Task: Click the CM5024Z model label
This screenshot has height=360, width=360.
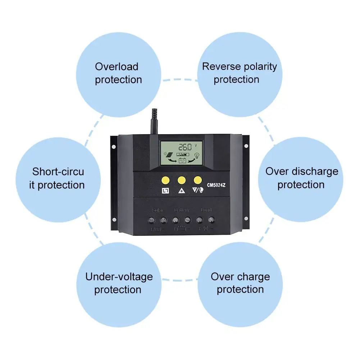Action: pyautogui.click(x=217, y=186)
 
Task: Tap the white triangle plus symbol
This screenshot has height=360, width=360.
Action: pyautogui.click(x=181, y=191)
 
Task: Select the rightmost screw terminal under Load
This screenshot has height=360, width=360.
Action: pyautogui.click(x=212, y=220)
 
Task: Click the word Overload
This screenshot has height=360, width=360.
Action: pyautogui.click(x=117, y=67)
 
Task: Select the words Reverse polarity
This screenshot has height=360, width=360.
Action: pyautogui.click(x=240, y=67)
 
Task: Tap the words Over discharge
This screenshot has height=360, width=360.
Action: pyautogui.click(x=302, y=171)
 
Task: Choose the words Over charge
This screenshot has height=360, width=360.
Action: pyautogui.click(x=240, y=277)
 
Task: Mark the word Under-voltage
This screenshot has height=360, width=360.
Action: pyautogui.click(x=119, y=277)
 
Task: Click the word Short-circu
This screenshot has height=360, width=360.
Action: pyautogui.click(x=58, y=172)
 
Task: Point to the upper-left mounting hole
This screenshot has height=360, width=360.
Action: pyautogui.click(x=114, y=146)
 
